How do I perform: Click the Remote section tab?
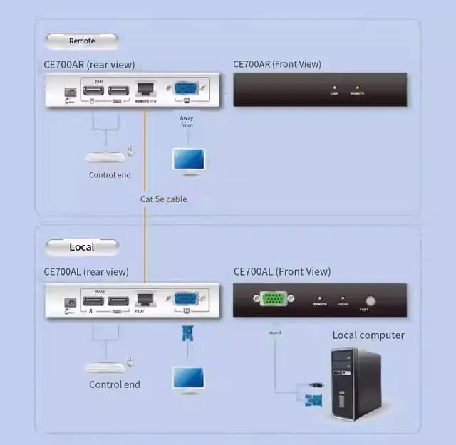(x=81, y=41)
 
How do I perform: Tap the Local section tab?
(x=81, y=246)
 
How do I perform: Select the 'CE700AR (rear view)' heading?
(x=89, y=65)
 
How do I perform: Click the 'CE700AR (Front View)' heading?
(x=277, y=64)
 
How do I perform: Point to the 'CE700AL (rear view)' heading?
(x=86, y=271)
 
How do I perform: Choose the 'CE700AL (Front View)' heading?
(x=282, y=271)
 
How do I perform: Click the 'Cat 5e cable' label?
(x=163, y=199)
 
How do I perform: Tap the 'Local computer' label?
(x=368, y=335)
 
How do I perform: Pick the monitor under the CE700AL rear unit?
(x=188, y=378)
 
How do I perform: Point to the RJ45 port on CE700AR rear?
(x=145, y=90)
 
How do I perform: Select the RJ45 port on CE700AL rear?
(x=145, y=300)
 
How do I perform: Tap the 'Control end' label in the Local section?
(x=115, y=384)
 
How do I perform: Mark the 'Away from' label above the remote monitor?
(x=187, y=121)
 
